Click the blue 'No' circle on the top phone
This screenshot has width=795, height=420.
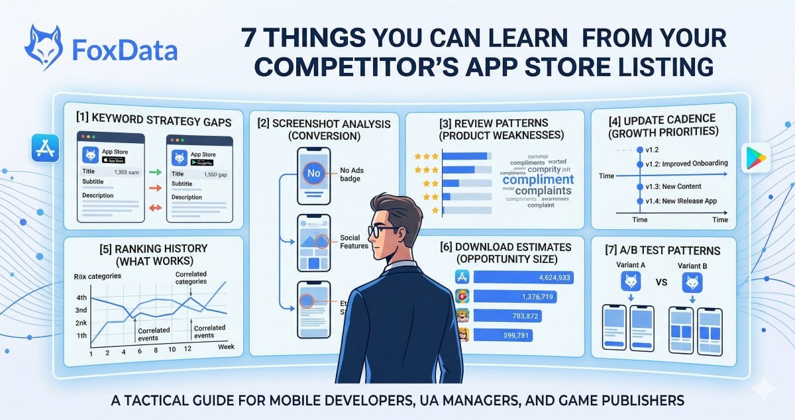(313, 174)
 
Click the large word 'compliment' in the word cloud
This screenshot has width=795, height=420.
(538, 179)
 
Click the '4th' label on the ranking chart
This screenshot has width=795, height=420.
(82, 298)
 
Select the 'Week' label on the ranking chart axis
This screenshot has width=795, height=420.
(226, 346)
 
